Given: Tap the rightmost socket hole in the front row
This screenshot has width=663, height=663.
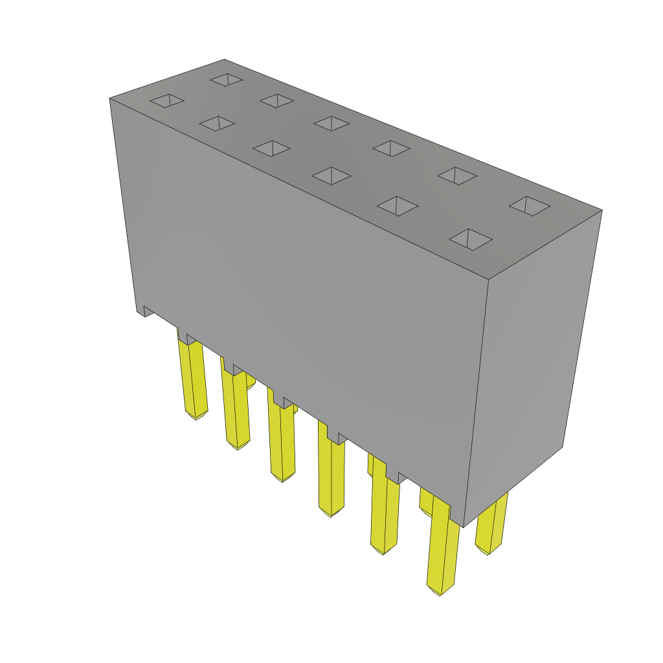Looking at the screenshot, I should point(471,239).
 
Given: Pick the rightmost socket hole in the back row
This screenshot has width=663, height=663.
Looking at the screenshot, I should point(530,206).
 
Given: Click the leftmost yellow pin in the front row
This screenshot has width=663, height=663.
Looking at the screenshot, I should point(192,379).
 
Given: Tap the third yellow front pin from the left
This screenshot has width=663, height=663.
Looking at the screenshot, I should point(282,444).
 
